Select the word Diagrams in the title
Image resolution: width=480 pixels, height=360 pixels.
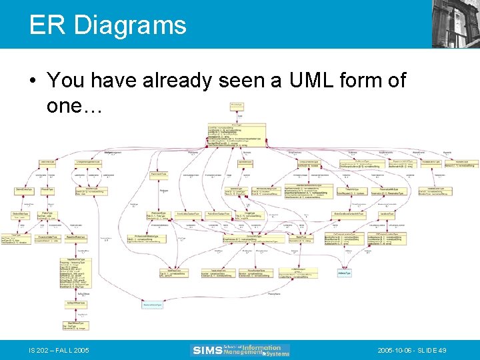pos(130,25)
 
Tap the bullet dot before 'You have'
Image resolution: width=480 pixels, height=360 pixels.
pos(33,81)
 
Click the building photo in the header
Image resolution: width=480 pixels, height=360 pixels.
pos(455,23)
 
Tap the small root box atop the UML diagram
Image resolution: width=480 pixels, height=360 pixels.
pos(236,105)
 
